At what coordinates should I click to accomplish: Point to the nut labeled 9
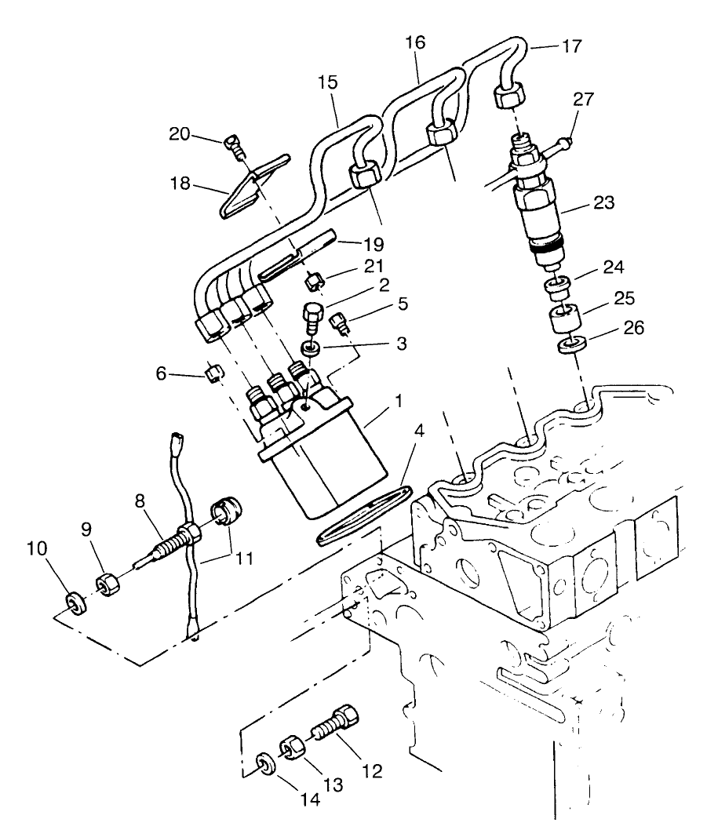[107, 584]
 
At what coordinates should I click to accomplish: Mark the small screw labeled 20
[232, 143]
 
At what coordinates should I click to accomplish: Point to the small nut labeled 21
[315, 278]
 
